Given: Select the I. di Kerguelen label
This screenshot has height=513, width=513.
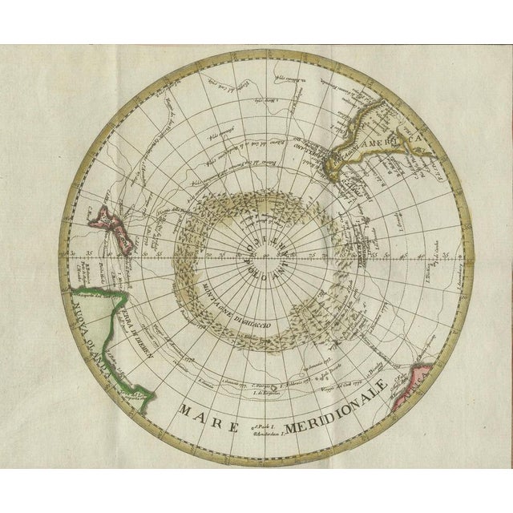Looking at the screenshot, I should pos(265,392).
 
